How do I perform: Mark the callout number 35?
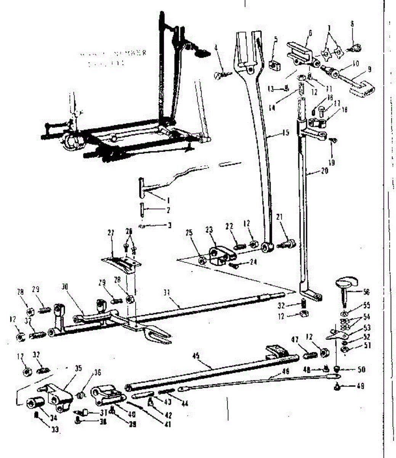coord(79,369)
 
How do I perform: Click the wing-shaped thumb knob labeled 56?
coord(346,284)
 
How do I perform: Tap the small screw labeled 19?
coord(333,140)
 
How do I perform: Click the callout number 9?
coord(369,70)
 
